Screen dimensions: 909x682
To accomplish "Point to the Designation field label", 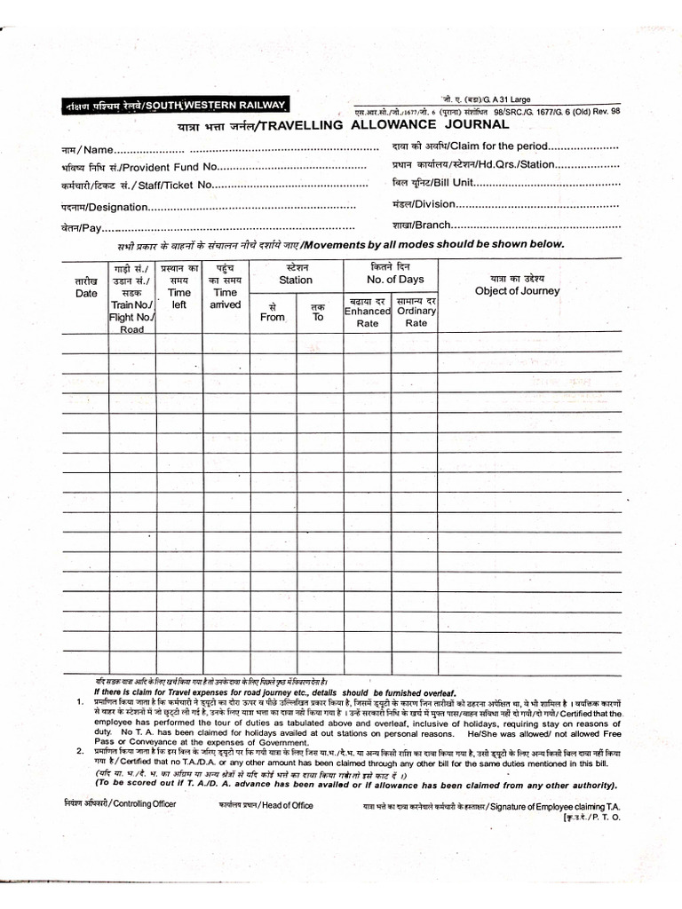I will coord(103,207).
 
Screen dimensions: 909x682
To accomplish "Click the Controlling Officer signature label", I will coord(120,803).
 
